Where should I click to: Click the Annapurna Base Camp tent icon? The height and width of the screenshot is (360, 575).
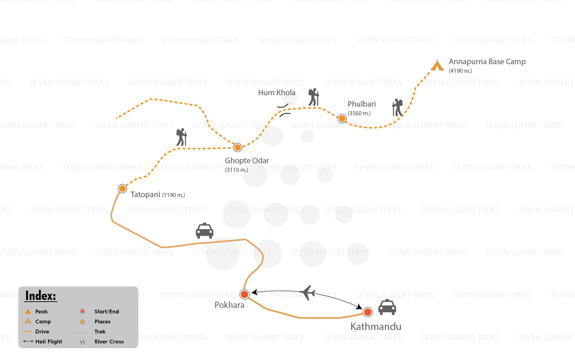(437, 65)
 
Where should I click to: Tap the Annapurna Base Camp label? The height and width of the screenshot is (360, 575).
(487, 62)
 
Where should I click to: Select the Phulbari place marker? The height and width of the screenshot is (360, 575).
(342, 119)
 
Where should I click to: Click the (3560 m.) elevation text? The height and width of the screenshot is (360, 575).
(359, 113)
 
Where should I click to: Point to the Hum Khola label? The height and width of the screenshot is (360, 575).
(276, 93)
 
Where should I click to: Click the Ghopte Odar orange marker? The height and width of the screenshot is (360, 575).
(238, 148)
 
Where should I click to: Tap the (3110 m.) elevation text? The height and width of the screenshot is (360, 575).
(236, 170)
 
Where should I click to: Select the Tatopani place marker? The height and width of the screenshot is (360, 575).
(122, 189)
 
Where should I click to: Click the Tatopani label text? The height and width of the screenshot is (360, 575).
(145, 194)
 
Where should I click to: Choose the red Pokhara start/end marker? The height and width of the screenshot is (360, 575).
(244, 294)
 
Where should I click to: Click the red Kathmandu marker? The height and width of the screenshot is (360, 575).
(368, 312)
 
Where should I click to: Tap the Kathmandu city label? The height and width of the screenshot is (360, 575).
(376, 327)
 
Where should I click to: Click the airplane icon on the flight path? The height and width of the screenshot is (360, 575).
(308, 292)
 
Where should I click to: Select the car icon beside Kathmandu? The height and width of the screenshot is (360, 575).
(387, 307)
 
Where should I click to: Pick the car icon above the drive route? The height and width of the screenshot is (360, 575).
(204, 231)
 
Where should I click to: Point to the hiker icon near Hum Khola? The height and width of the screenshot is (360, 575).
(314, 97)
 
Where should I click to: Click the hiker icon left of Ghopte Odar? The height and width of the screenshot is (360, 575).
(181, 137)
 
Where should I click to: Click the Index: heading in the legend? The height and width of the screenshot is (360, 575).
(41, 296)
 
